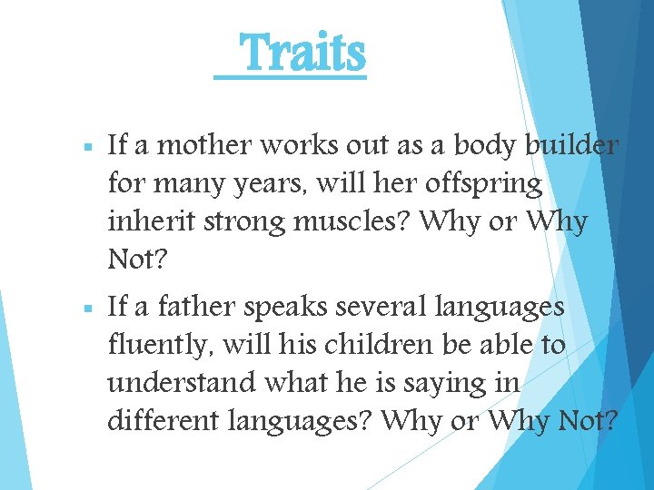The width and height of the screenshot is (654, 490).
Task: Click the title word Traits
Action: (x=303, y=54)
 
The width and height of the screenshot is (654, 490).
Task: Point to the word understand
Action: (x=182, y=384)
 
